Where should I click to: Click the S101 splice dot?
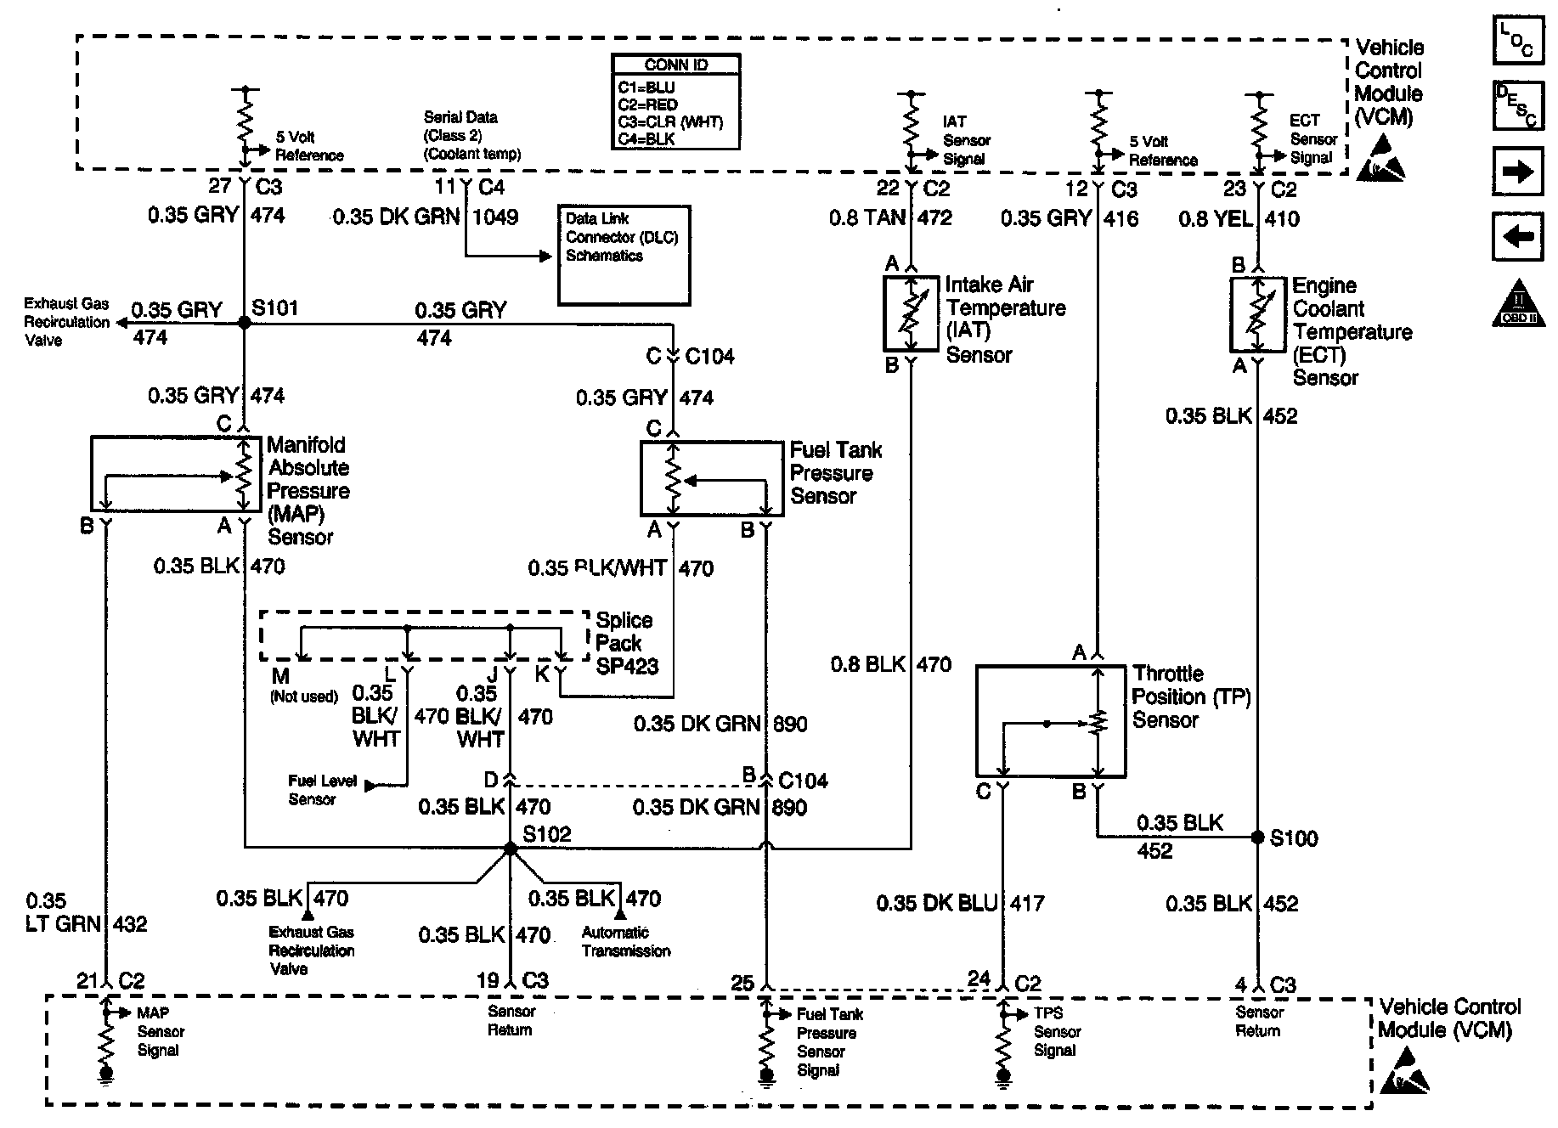[245, 323]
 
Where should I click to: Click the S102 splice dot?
[510, 848]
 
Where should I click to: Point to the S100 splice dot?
[1257, 838]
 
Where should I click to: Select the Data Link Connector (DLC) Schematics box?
[624, 255]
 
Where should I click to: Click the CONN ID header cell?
[675, 65]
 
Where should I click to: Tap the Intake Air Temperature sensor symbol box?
[911, 313]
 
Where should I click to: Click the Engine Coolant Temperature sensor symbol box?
[1257, 313]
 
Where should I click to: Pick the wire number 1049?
[495, 217]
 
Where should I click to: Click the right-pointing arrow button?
[1517, 173]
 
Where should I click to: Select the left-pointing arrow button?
[1517, 236]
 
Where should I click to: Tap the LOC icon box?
[1517, 41]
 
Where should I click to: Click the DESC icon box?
[1517, 105]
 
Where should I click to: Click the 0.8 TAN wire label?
[867, 218]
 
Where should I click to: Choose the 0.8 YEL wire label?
[1215, 219]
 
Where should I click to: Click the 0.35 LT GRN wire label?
[63, 912]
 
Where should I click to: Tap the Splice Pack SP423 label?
[626, 644]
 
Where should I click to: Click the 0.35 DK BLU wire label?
[937, 903]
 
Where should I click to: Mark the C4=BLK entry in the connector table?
[646, 138]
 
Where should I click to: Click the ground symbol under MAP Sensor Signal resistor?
[106, 1075]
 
